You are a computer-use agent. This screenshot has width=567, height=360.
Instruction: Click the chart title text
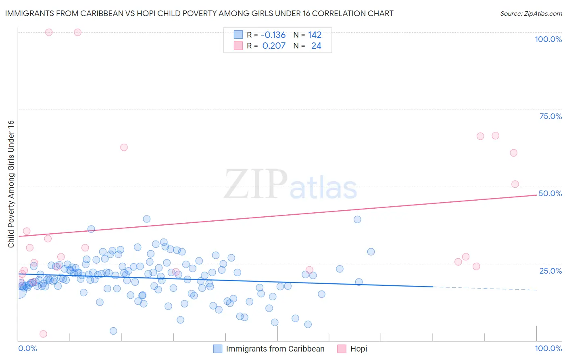pos(199,13)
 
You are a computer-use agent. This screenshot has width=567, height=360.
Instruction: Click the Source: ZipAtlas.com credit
pos(531,13)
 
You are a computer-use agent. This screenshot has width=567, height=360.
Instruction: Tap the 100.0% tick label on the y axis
pos(548,39)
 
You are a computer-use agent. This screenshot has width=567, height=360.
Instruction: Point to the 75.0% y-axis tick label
pos(550,116)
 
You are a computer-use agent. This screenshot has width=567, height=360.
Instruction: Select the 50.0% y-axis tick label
pos(550,193)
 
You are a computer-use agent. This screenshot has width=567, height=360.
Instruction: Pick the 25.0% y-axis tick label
pos(550,270)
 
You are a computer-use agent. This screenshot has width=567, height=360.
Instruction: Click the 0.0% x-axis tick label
pos(27,348)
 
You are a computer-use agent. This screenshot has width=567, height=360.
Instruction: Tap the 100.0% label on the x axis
pos(548,348)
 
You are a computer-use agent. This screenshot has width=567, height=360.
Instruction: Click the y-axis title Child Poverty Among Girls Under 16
pos(11,184)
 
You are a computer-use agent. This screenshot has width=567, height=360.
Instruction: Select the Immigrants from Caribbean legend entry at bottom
pos(275,349)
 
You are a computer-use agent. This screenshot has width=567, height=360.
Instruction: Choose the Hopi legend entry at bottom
pos(359,349)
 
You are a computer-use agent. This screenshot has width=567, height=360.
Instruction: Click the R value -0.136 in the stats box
pos(273,35)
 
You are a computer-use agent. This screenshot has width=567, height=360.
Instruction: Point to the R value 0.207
pos(274,46)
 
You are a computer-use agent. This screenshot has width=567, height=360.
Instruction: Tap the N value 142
pos(315,35)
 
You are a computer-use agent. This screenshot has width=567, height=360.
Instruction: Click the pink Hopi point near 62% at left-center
pos(124,147)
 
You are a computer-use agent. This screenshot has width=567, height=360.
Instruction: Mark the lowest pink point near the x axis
pos(43,334)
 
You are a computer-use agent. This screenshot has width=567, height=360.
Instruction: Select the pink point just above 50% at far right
pos(515,184)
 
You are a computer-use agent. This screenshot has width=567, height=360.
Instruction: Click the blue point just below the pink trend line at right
pos(357,220)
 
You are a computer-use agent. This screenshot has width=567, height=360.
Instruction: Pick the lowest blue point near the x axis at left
pos(113,331)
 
